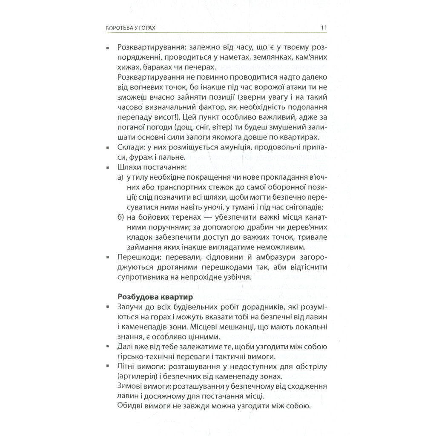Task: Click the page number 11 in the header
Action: click(323, 28)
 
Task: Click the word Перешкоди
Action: click(137, 258)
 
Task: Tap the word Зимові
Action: click(129, 387)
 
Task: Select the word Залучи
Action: click(129, 307)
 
